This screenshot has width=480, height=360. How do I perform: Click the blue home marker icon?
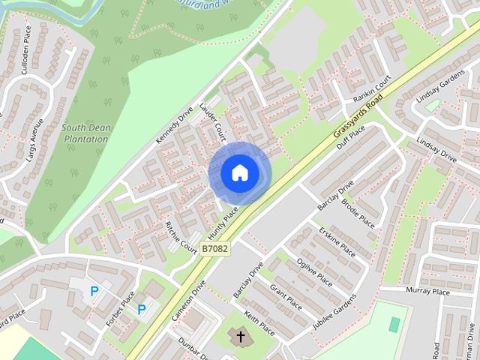coord(239,173)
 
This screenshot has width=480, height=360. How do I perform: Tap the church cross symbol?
coord(241,335)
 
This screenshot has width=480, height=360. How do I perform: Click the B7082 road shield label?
coord(215,247)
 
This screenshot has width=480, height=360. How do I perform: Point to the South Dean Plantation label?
coord(86,133)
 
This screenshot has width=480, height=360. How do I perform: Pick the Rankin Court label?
coord(372,88)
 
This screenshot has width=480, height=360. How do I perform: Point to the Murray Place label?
coord(428,291)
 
